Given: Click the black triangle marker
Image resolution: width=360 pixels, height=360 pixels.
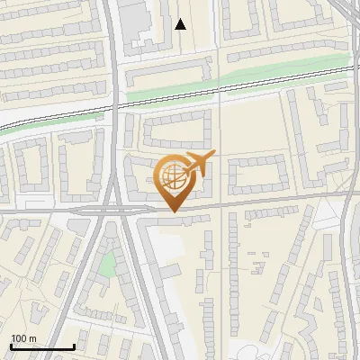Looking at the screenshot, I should click(181, 24).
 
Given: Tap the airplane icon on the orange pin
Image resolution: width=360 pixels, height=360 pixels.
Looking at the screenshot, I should click(198, 163).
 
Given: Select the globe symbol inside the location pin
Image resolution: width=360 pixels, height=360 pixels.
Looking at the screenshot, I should click(173, 175).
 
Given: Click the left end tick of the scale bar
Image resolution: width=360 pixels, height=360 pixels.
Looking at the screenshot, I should click(11, 346).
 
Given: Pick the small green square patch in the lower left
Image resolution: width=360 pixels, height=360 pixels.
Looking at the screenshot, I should click(107, 265).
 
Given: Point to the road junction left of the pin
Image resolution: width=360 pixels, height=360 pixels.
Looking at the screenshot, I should click(117, 209).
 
